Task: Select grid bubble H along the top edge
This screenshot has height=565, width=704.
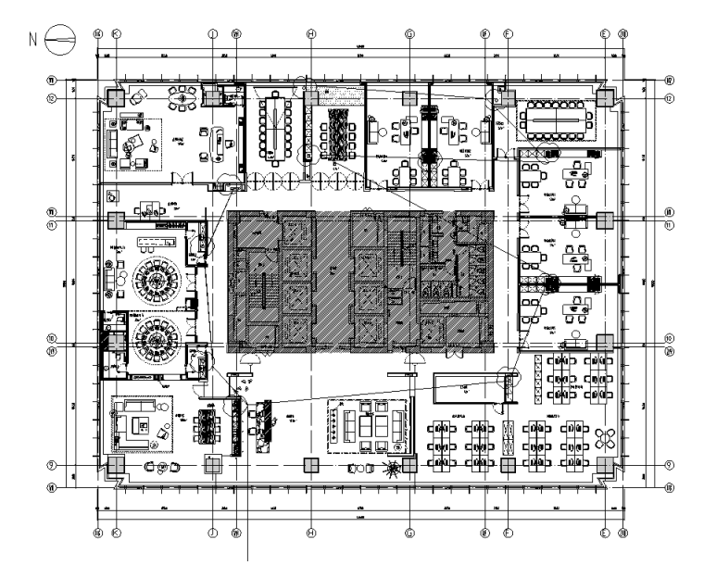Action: click(311, 33)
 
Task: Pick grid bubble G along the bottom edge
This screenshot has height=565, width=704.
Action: click(409, 533)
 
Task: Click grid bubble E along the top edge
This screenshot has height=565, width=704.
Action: click(604, 33)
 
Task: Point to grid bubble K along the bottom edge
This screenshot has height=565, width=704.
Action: click(116, 533)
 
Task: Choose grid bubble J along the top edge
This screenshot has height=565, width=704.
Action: click(212, 33)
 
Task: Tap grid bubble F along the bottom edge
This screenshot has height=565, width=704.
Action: click(508, 533)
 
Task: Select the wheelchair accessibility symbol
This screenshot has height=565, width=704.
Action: click(112, 195)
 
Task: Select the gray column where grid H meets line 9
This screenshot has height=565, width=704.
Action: click(311, 465)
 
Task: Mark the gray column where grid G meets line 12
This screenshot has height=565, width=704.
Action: click(409, 97)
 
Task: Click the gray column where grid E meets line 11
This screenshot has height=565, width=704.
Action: click(604, 220)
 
